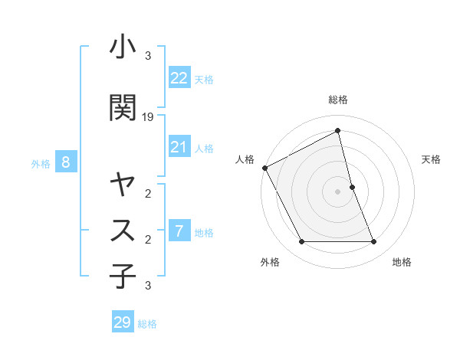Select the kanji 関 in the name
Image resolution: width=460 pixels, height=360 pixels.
pyautogui.click(x=123, y=108)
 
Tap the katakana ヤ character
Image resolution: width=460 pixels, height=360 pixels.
pyautogui.click(x=123, y=185)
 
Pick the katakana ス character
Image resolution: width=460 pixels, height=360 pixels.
pyautogui.click(x=123, y=229)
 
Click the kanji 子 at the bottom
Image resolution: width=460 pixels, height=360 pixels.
pyautogui.click(x=123, y=277)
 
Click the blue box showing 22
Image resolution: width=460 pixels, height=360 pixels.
pyautogui.click(x=179, y=77)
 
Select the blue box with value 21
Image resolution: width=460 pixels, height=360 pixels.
pyautogui.click(x=179, y=147)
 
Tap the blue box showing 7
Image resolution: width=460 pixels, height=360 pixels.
pyautogui.click(x=179, y=231)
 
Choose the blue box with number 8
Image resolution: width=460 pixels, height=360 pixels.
pyautogui.click(x=66, y=162)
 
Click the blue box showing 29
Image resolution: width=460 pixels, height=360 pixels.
pyautogui.click(x=123, y=322)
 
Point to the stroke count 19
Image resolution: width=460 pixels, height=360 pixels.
pyautogui.click(x=149, y=118)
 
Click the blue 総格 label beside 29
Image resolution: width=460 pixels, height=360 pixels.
pyautogui.click(x=147, y=324)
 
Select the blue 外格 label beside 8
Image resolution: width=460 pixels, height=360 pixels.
pyautogui.click(x=41, y=163)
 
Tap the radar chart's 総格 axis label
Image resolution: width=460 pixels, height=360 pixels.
pyautogui.click(x=338, y=100)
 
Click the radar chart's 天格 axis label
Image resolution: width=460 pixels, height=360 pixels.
pyautogui.click(x=432, y=159)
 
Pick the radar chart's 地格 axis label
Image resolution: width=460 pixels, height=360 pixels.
pyautogui.click(x=402, y=262)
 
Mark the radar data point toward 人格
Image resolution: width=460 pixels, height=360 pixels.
pyautogui.click(x=264, y=168)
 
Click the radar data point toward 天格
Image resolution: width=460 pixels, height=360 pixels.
pyautogui.click(x=352, y=187)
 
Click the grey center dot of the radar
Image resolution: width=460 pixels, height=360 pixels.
pyautogui.click(x=338, y=191)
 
